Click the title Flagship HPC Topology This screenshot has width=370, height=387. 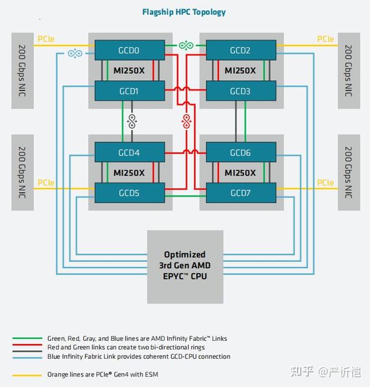point(184,12)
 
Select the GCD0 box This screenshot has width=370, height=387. point(129,51)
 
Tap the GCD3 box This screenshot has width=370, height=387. point(240,91)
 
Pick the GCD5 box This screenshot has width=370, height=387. point(129,193)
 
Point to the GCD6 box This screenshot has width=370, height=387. point(240,152)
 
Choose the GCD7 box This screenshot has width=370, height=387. point(240,193)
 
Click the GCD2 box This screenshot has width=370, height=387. point(240,51)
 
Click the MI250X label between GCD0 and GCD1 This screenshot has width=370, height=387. point(129,71)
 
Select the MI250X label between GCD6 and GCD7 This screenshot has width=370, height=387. point(240,173)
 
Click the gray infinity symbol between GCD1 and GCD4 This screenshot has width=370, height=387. point(130,121)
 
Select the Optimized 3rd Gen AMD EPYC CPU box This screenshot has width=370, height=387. point(185,265)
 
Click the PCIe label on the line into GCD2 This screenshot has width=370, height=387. point(326,39)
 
